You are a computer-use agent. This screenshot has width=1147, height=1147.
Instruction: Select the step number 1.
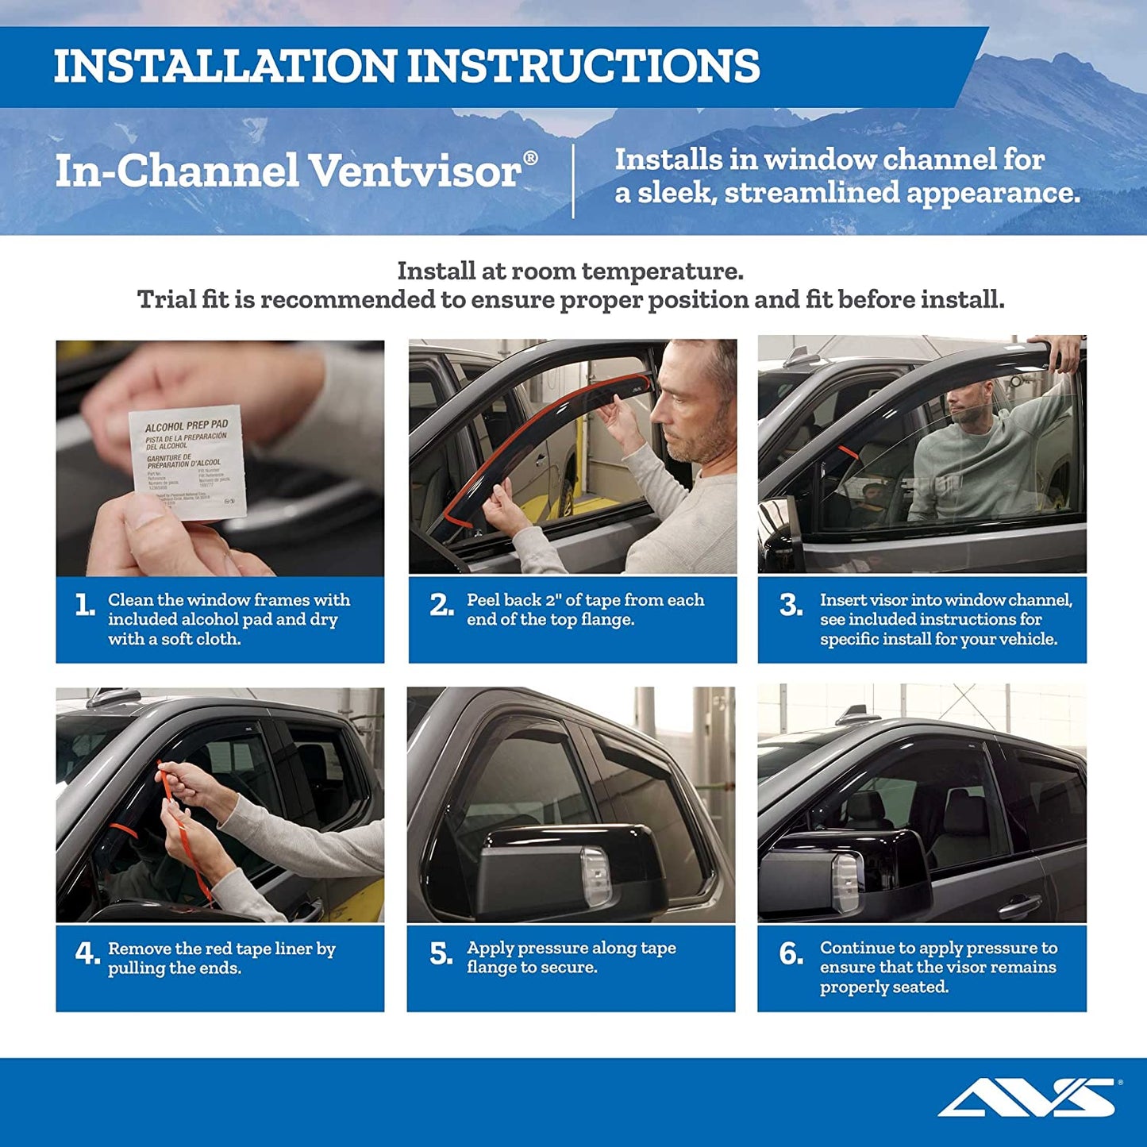84,606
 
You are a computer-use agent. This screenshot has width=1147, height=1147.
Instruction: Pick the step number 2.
441,606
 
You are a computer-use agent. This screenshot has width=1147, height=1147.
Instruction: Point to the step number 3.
791,606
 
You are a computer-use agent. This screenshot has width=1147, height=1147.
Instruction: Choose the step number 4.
87,953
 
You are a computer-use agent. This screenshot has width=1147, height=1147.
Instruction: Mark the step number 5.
441,953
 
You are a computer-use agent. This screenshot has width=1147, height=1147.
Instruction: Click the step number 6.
791,953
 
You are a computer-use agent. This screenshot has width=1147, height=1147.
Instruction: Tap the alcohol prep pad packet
187,464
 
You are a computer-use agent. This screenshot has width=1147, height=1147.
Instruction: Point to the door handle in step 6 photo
1019,905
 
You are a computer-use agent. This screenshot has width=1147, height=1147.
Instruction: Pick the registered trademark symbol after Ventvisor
530,158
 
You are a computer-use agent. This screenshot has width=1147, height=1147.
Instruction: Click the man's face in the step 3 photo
970,407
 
